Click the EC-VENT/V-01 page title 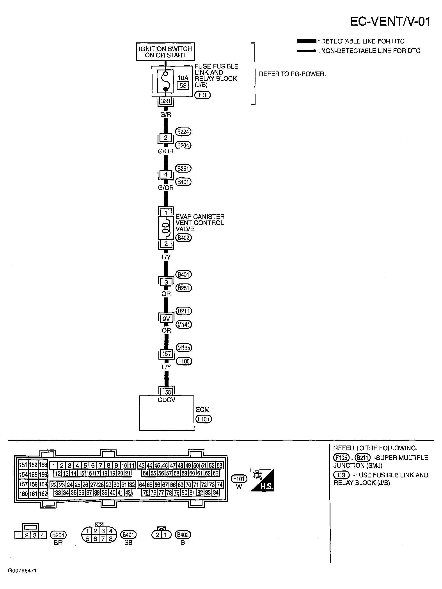coord(390,22)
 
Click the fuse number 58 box coord(183,86)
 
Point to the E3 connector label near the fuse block coord(202,95)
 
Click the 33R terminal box coord(165,101)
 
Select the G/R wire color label coord(165,115)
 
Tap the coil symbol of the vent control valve coord(166,228)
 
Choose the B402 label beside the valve coord(183,238)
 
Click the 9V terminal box coord(166,319)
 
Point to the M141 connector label coord(184,325)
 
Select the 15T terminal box coord(167,354)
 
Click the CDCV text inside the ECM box coord(167,400)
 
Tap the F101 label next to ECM coord(204,419)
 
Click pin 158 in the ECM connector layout coord(33,484)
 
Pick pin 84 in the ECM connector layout coord(216,493)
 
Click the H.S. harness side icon coord(262,480)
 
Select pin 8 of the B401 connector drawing coord(110,539)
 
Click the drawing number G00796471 coord(22,571)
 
